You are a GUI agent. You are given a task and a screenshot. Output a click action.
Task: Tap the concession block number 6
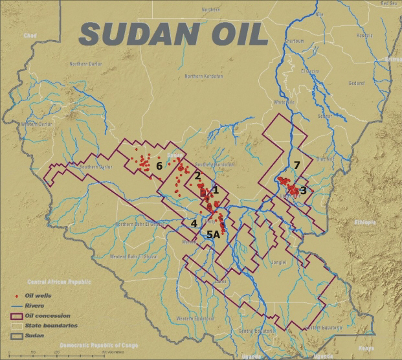[x=159, y=166]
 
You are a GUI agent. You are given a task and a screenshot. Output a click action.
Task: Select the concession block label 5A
[x=213, y=234]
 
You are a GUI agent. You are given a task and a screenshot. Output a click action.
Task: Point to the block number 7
[x=296, y=166]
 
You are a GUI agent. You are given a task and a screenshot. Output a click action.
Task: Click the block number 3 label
[x=303, y=190]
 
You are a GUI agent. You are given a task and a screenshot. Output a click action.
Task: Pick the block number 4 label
[x=194, y=223]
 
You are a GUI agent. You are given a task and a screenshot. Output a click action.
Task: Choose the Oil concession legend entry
[x=47, y=316]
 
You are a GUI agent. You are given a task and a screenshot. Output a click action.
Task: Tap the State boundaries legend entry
[x=50, y=326]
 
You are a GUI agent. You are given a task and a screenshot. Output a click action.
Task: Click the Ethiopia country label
[x=364, y=222]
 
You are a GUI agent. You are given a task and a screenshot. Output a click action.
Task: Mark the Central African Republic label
[x=60, y=282]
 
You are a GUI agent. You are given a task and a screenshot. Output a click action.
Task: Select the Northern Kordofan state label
[x=203, y=76]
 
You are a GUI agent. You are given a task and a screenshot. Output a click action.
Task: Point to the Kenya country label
[x=367, y=348]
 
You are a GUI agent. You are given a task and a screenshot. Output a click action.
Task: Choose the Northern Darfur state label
[x=87, y=63]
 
